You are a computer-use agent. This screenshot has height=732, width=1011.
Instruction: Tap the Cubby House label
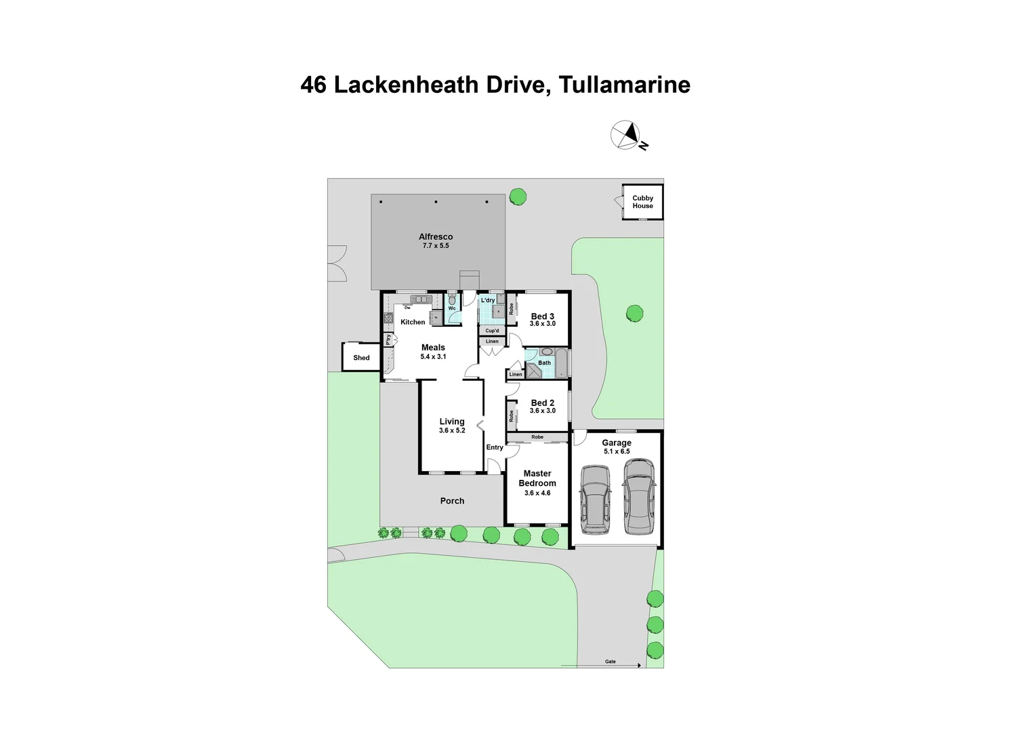(x=642, y=202)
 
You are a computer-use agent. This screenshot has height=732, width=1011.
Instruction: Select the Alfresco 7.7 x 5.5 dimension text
(x=436, y=246)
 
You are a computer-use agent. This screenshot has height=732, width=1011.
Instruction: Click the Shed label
(x=361, y=358)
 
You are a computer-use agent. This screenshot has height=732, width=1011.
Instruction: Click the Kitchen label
(x=413, y=322)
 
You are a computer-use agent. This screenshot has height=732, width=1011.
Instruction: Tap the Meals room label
(x=433, y=348)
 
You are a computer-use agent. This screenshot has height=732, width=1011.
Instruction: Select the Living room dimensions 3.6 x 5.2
(x=452, y=430)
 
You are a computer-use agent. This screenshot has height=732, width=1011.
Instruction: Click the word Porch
(x=452, y=501)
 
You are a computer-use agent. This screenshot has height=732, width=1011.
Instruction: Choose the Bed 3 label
(x=543, y=317)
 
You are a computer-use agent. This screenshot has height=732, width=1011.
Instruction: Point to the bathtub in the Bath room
(x=561, y=363)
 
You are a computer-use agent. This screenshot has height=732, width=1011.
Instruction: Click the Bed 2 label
(x=543, y=403)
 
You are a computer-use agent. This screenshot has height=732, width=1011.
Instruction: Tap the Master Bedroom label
(x=537, y=479)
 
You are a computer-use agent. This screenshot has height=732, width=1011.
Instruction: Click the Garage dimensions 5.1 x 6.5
(x=617, y=451)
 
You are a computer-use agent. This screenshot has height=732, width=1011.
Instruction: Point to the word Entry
(x=495, y=447)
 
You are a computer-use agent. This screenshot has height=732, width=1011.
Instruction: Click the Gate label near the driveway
(x=611, y=662)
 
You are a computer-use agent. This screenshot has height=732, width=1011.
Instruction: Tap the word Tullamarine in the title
(x=624, y=85)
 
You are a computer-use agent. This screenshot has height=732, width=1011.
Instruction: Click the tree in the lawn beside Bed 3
(x=634, y=313)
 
